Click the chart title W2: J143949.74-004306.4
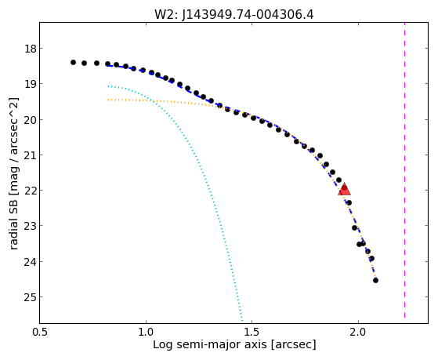tap(234, 14)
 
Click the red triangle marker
tap(344, 189)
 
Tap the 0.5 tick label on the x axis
tap(40, 332)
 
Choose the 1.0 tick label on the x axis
tap(146, 332)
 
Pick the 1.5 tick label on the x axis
tap(252, 332)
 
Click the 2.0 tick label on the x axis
tap(358, 332)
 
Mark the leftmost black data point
tap(73, 62)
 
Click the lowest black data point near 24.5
tap(375, 280)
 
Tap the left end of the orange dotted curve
tap(108, 100)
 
